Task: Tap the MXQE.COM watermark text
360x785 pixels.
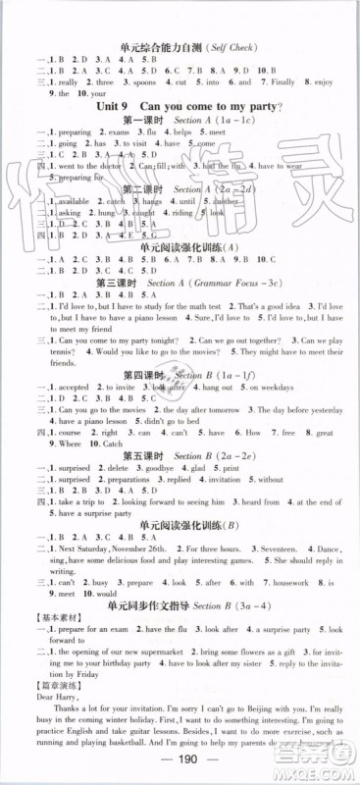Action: (x=324, y=763)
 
